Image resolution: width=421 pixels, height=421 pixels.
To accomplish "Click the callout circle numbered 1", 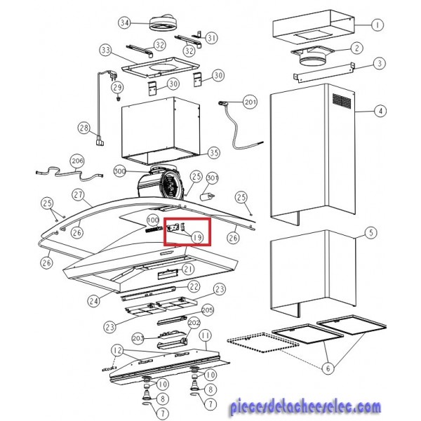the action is click(377, 25).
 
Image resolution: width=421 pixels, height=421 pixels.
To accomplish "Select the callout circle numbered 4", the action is click(380, 111).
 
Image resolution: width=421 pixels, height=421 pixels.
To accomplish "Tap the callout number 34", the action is click(125, 22).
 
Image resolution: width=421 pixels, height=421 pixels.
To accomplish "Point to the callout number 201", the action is click(250, 102).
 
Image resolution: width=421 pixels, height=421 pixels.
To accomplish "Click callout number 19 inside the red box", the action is click(197, 237).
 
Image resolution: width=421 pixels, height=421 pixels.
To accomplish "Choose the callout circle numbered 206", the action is click(77, 161).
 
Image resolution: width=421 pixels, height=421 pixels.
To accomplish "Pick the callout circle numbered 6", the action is click(328, 368).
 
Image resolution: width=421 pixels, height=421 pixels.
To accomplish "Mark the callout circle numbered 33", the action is click(106, 51).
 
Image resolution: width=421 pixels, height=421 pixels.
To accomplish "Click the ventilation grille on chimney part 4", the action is click(342, 101).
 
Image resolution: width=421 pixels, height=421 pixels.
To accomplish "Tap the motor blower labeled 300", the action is click(160, 183).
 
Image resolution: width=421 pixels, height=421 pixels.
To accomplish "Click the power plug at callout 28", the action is click(100, 141).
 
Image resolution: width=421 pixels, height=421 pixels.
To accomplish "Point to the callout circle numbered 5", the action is click(370, 232).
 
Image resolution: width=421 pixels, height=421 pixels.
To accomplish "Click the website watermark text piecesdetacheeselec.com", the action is click(305, 407).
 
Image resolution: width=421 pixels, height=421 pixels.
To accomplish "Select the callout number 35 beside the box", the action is click(214, 153).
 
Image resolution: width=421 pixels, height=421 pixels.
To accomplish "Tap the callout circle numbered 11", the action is click(206, 335).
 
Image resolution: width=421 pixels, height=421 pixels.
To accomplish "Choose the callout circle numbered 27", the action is click(78, 194).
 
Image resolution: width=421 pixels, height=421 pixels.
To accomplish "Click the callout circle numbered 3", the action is click(380, 64).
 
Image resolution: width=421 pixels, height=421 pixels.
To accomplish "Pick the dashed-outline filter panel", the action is click(263, 342).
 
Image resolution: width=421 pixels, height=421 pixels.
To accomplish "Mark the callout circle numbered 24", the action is click(94, 301).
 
